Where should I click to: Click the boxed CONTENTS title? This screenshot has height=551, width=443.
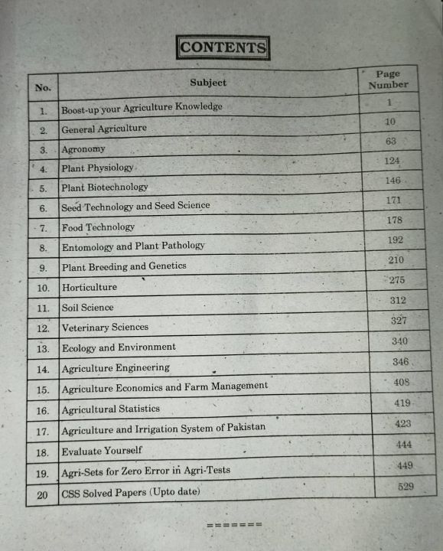tap(223, 47)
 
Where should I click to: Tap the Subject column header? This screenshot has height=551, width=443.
tap(208, 83)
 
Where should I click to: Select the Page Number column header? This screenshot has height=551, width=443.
tap(388, 80)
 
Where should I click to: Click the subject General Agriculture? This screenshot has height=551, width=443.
tap(104, 129)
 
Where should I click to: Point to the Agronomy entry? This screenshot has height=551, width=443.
tap(83, 149)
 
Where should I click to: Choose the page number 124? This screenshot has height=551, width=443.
tap(393, 161)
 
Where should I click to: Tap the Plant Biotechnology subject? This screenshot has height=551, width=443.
tap(105, 187)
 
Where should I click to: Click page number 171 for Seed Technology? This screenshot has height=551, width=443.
tap(394, 200)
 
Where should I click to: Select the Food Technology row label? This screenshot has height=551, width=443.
tap(98, 227)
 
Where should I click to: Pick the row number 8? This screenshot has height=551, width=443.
tap(44, 248)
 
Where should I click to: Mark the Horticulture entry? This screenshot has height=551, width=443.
tap(90, 287)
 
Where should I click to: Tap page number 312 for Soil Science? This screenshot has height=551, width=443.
tap(397, 301)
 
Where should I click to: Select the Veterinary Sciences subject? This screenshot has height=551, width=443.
tap(105, 327)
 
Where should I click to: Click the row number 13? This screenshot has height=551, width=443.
tap(43, 349)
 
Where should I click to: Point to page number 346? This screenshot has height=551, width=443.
tap(400, 361)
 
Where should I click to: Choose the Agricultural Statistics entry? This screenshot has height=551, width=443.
tap(111, 409)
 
